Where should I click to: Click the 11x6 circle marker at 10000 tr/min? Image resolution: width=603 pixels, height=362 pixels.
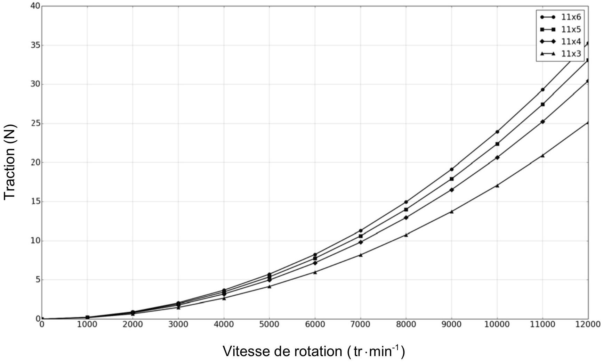tap(497, 132)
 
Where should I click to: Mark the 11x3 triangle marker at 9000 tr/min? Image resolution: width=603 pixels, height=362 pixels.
tap(452, 211)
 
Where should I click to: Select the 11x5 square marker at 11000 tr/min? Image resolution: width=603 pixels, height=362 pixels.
tap(543, 104)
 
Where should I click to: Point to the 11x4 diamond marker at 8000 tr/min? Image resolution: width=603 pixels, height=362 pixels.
tap(406, 217)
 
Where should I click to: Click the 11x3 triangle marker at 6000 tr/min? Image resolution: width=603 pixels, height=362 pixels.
tap(315, 272)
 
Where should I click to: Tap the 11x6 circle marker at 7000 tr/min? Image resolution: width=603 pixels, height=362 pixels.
tap(361, 231)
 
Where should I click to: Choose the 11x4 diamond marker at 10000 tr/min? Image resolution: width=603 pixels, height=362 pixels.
tap(497, 157)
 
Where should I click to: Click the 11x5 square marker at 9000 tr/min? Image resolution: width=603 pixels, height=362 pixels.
tap(452, 179)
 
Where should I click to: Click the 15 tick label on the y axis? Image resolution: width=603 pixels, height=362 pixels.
tap(34, 202)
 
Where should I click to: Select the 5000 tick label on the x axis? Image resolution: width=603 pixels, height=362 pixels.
tap(270, 324)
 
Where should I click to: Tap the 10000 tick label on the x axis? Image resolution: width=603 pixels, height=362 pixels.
tap(497, 324)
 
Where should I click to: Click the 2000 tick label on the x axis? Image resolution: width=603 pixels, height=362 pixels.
tap(133, 324)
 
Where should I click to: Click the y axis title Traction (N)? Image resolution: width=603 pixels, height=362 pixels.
tap(10, 162)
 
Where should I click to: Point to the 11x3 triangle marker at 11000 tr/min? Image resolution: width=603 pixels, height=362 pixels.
tap(543, 155)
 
